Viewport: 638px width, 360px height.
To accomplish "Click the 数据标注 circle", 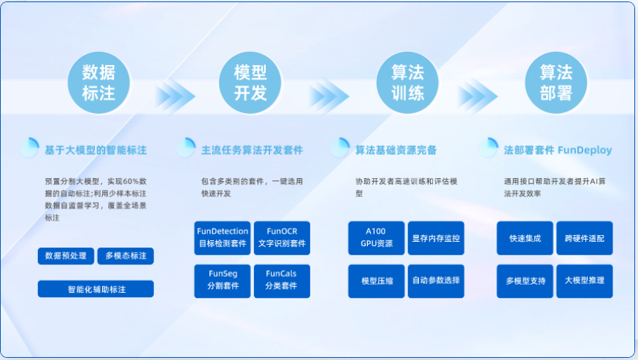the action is (99, 83).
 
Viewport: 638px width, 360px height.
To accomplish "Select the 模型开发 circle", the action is (250, 83).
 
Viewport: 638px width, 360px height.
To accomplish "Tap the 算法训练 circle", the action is (407, 83).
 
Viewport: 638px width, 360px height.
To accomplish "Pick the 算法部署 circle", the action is (556, 83).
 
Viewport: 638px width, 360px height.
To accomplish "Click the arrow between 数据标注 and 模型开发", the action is (176, 96).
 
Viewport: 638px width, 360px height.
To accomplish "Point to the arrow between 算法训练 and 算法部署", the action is (478, 96).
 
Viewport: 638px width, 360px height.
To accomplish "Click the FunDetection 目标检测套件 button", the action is (222, 238).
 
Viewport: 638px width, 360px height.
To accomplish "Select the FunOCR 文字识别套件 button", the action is (282, 238).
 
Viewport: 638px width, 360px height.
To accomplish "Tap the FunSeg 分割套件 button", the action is (222, 281).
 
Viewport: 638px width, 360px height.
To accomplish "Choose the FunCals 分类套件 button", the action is (282, 281).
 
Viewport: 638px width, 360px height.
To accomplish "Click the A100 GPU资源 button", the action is (377, 238).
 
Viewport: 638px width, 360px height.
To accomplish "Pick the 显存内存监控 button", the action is (436, 238).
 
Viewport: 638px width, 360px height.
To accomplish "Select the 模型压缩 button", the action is (377, 281).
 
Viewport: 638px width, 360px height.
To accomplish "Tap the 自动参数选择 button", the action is (436, 281).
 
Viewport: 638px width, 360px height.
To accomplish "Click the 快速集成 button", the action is (525, 238).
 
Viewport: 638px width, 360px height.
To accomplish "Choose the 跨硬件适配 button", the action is (584, 238).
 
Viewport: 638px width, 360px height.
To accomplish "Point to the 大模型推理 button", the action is (584, 281).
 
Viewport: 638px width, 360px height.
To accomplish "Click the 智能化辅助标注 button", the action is (96, 288).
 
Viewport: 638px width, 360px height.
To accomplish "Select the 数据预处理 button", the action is (66, 256).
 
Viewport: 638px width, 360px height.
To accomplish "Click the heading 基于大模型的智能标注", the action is (96, 150).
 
